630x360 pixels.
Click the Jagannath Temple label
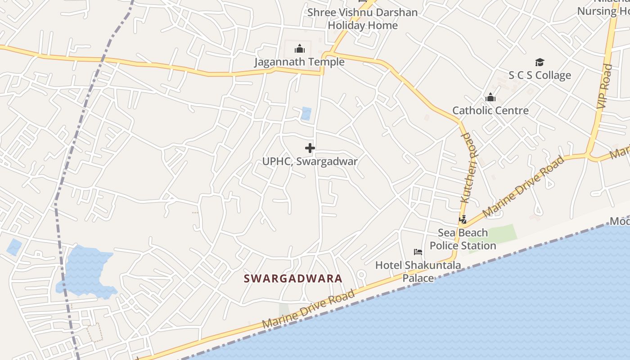(299, 62)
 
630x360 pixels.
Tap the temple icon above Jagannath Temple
(300, 49)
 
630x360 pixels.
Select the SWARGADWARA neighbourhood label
(293, 279)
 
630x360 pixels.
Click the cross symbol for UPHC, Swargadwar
(310, 148)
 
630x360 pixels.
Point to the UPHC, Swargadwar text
(310, 161)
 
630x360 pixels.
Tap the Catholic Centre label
(490, 110)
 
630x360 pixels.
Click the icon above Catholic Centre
(490, 97)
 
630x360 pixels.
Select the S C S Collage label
(540, 75)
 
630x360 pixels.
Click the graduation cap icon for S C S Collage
(540, 62)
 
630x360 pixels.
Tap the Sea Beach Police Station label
(463, 239)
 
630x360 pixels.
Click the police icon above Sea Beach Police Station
(463, 220)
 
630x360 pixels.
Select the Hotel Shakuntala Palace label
(418, 271)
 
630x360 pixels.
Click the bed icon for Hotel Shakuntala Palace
(418, 252)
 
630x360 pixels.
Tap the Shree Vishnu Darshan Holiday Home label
(363, 19)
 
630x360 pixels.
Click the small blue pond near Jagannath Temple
(306, 113)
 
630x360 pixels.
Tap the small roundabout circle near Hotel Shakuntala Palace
(361, 274)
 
